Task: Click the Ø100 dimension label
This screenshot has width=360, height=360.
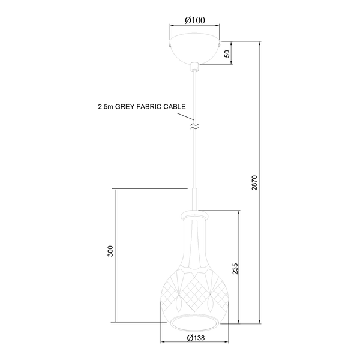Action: coord(195,20)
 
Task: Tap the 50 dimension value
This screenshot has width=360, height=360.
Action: coord(227,54)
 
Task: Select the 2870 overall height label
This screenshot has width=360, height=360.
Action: coord(254,183)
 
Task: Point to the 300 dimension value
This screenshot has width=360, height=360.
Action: coord(110,251)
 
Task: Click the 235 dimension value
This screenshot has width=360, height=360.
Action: coord(235,269)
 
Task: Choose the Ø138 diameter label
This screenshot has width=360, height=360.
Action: coord(196,338)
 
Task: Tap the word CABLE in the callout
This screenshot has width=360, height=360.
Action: coord(175,107)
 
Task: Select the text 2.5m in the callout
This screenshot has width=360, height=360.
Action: coord(106,107)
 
